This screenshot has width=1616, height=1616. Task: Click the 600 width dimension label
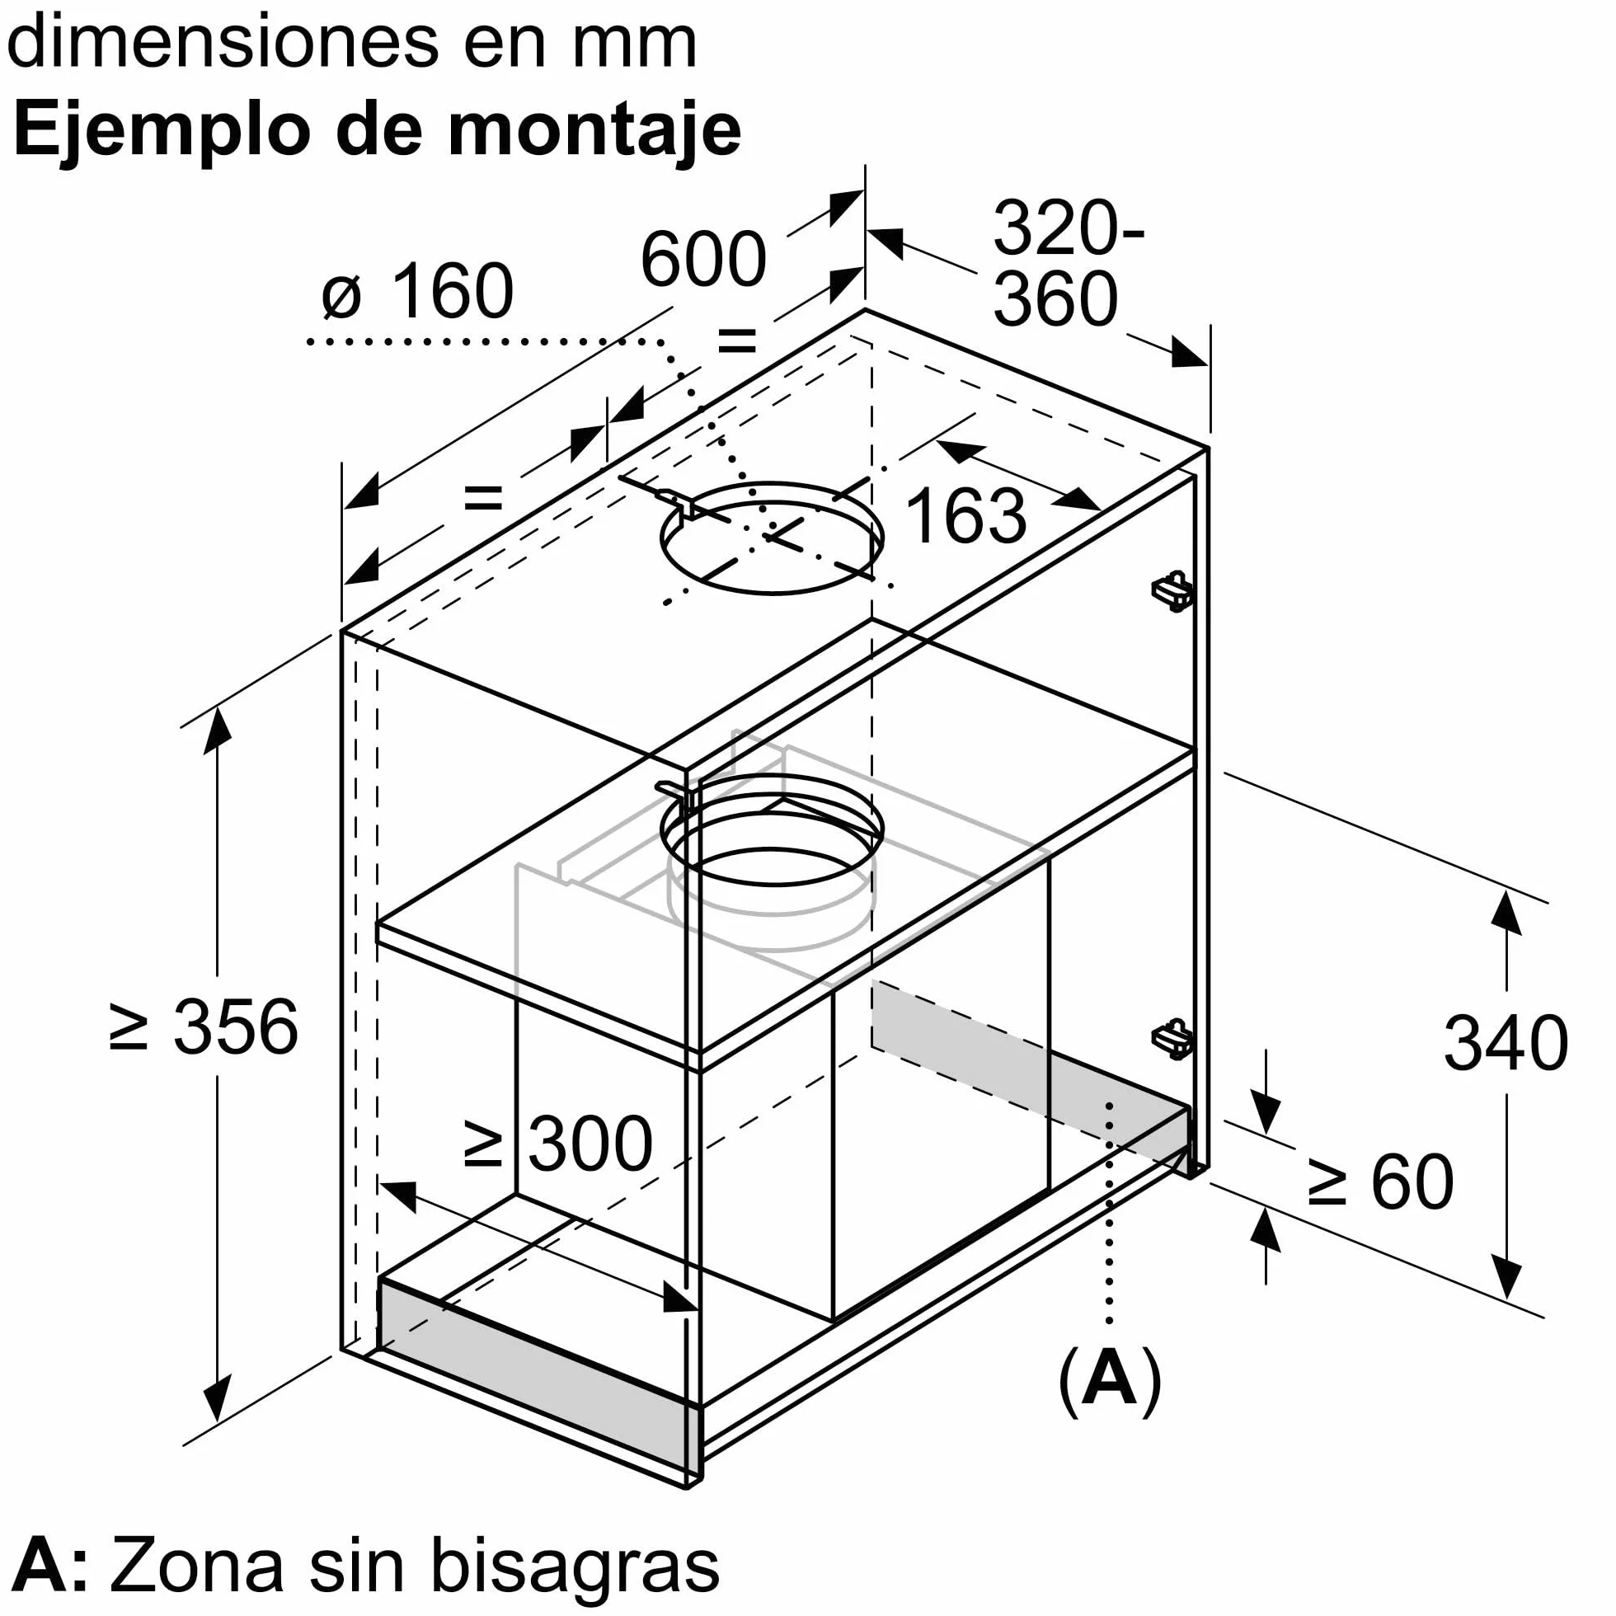click(702, 258)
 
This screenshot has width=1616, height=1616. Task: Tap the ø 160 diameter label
click(417, 291)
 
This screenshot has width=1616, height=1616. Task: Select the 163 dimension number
click(965, 515)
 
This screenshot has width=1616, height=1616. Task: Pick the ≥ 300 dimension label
click(558, 1144)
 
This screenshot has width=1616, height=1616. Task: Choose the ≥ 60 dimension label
click(1381, 1181)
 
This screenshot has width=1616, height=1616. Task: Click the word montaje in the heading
click(594, 131)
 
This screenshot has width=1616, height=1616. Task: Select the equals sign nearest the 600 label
click(738, 341)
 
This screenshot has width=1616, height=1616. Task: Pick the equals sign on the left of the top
click(483, 499)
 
